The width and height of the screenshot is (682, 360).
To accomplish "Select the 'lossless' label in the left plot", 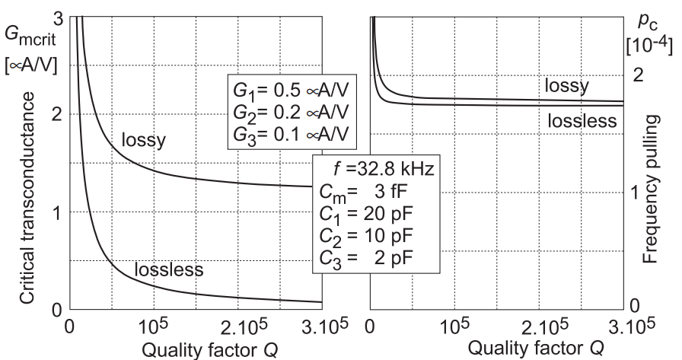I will point(168,269).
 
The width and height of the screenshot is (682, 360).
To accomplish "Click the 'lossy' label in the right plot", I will point(566,85).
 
